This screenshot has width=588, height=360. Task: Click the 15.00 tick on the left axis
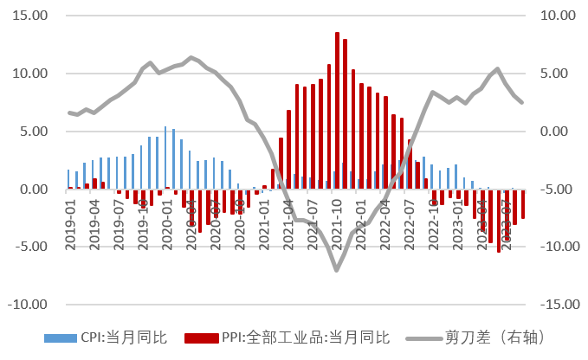[29, 16]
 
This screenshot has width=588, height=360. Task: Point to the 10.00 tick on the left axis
[29, 74]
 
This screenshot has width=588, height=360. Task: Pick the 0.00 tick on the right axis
[559, 132]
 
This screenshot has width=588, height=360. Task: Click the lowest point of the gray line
[336, 270]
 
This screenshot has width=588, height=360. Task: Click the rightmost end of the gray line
[521, 102]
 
